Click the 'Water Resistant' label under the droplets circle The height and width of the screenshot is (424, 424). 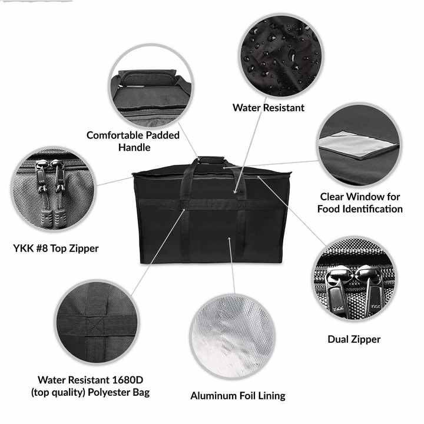(269, 108)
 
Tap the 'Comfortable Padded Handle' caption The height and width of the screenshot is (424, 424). (133, 141)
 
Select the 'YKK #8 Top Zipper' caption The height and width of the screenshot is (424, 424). (56, 249)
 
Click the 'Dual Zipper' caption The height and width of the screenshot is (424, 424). (354, 339)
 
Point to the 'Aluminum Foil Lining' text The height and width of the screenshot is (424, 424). (238, 396)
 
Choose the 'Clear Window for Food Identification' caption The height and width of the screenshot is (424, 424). (360, 203)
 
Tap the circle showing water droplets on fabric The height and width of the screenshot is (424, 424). (281, 55)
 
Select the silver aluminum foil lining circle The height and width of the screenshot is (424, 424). (233, 336)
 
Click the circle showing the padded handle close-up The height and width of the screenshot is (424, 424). (151, 86)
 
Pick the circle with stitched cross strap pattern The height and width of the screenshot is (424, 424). (97, 322)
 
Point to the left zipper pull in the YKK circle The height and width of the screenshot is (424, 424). (42, 189)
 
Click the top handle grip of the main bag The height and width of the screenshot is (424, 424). (212, 160)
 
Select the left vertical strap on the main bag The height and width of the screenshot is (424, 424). (185, 211)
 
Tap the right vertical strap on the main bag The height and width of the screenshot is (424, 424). (241, 214)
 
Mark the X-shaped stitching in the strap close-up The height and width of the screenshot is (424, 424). (96, 326)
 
